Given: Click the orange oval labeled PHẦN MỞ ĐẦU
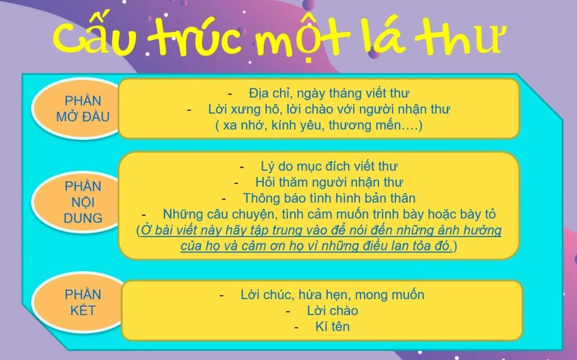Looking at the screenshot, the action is click(x=77, y=109).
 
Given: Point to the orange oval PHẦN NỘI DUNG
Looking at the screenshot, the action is click(x=77, y=202).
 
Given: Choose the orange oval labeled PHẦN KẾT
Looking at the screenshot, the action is click(x=78, y=302).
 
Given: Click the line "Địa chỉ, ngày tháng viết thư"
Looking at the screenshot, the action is click(x=329, y=94).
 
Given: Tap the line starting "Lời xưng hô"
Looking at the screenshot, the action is click(x=329, y=109).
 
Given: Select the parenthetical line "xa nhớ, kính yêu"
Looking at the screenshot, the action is click(x=319, y=126).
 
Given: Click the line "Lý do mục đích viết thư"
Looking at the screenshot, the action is click(x=329, y=167).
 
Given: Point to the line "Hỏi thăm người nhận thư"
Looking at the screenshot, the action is click(x=329, y=183).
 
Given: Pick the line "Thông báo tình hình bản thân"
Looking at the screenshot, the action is click(x=329, y=198).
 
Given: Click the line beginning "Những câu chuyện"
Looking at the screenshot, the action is click(x=329, y=214).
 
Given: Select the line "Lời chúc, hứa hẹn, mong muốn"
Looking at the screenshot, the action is click(x=332, y=295).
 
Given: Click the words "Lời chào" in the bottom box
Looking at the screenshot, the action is click(x=332, y=311).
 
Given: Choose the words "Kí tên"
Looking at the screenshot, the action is click(x=332, y=327).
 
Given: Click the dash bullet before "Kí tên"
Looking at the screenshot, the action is click(x=296, y=327).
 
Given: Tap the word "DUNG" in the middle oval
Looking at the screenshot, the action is click(x=83, y=218).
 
